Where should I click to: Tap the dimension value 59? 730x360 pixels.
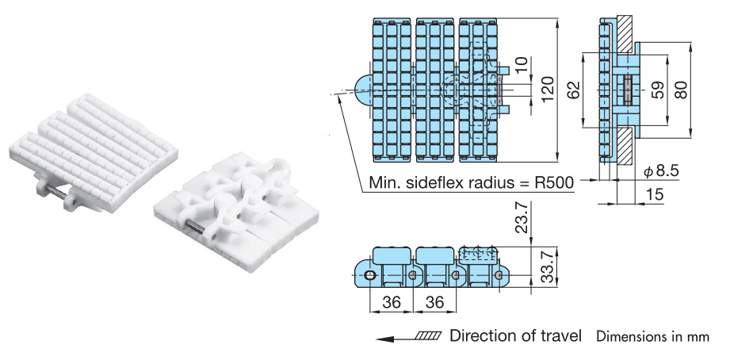pyautogui.click(x=657, y=89)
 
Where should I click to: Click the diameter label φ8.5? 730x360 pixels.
pyautogui.click(x=661, y=170)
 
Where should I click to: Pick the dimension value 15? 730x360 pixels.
pyautogui.click(x=655, y=193)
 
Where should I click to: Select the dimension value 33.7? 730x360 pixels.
pyautogui.click(x=546, y=266)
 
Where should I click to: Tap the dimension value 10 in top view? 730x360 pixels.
pyautogui.click(x=520, y=67)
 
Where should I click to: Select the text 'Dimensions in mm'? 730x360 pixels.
pyautogui.click(x=652, y=336)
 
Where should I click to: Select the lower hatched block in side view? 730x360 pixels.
pyautogui.click(x=624, y=143)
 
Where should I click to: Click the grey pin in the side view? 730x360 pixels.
pyautogui.click(x=629, y=89)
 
